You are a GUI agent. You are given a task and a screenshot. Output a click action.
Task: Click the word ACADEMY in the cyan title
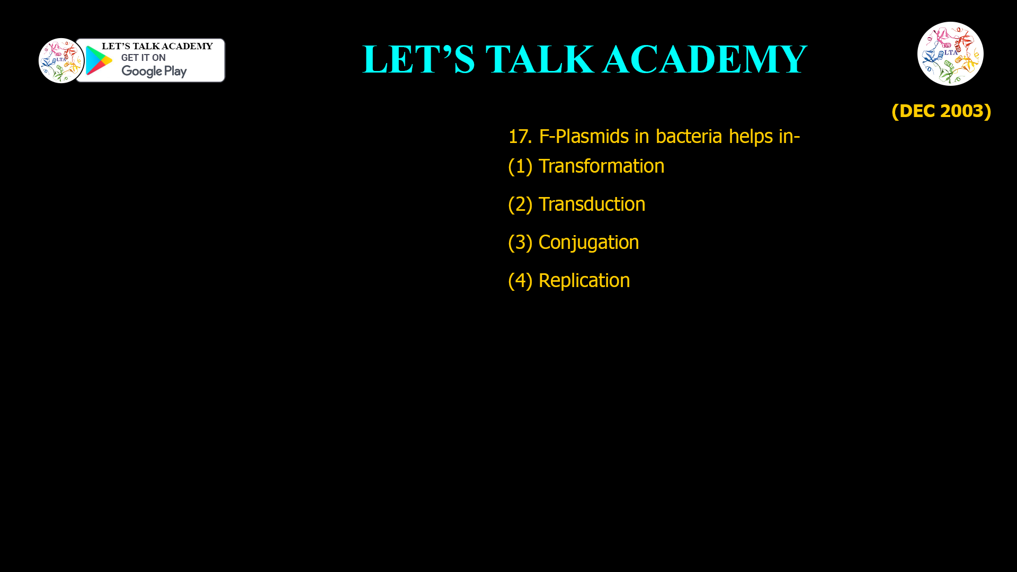click(x=704, y=59)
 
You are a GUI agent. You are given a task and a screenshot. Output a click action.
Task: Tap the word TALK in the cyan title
click(x=540, y=59)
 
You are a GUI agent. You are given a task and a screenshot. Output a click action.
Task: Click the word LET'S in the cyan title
click(x=418, y=59)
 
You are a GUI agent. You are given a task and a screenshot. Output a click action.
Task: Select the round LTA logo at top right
click(x=950, y=53)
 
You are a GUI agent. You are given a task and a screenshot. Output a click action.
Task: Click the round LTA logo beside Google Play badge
click(x=61, y=60)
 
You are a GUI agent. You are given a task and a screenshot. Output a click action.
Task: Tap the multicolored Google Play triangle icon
click(x=99, y=61)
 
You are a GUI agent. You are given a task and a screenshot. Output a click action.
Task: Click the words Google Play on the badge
click(x=154, y=71)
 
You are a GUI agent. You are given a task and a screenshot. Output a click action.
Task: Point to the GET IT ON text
click(x=143, y=58)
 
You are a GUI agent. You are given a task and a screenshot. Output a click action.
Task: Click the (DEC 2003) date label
click(x=941, y=111)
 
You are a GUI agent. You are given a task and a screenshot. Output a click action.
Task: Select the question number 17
click(x=519, y=137)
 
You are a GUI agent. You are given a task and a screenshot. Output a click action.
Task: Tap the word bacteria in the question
click(x=689, y=137)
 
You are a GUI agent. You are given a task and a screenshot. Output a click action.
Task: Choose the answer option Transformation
click(x=601, y=166)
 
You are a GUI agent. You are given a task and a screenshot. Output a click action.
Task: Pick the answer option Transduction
click(x=592, y=204)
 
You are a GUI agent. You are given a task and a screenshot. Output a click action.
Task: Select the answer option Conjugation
click(x=588, y=243)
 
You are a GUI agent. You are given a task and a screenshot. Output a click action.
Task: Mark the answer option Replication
click(x=584, y=281)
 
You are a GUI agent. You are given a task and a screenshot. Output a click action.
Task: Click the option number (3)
click(x=520, y=243)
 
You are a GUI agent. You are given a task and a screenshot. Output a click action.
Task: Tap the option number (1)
click(x=520, y=166)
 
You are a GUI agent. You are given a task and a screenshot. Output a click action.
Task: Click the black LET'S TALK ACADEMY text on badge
click(x=157, y=47)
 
